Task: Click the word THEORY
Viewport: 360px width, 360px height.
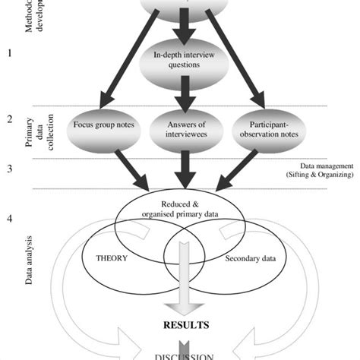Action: click(112, 257)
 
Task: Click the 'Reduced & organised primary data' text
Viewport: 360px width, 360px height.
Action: click(179, 210)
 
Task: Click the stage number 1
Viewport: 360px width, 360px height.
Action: click(10, 53)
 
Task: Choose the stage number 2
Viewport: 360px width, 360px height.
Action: click(10, 119)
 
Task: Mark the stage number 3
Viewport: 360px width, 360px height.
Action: click(10, 168)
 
